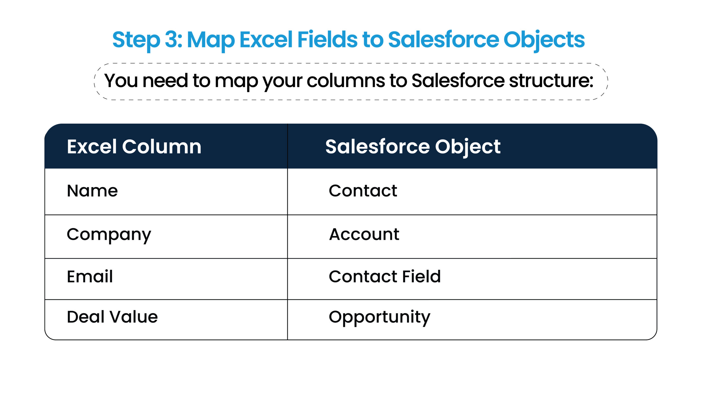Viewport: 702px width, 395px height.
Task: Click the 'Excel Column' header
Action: click(x=134, y=146)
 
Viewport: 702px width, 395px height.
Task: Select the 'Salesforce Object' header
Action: click(x=413, y=146)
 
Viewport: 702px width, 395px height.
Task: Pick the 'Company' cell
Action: click(x=109, y=235)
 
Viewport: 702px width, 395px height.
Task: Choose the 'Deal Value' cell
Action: click(x=112, y=317)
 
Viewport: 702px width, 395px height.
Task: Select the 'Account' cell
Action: click(x=364, y=235)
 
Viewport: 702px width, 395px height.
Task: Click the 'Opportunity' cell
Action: click(x=380, y=317)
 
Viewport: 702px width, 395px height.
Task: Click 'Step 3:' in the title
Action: click(x=147, y=40)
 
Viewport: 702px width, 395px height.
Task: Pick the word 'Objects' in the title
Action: click(x=544, y=40)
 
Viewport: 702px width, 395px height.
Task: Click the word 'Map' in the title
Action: click(x=211, y=40)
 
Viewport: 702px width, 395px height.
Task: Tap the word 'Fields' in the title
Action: click(x=327, y=40)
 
